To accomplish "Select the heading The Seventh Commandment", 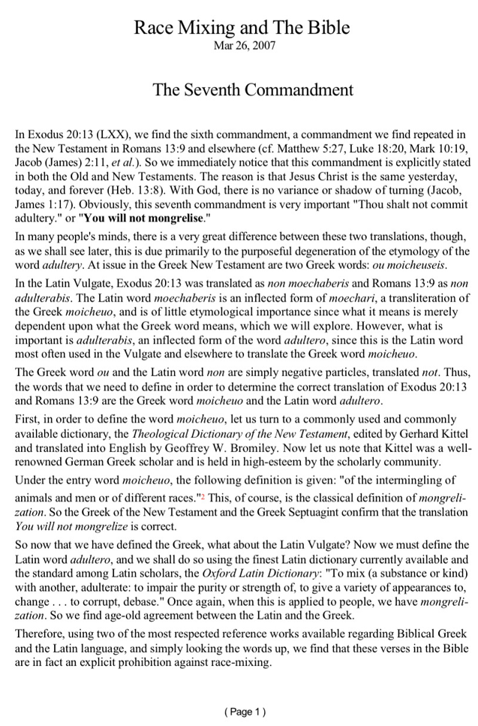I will [x=253, y=90].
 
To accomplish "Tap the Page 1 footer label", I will [x=245, y=712].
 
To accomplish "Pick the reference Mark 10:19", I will [x=443, y=148].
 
